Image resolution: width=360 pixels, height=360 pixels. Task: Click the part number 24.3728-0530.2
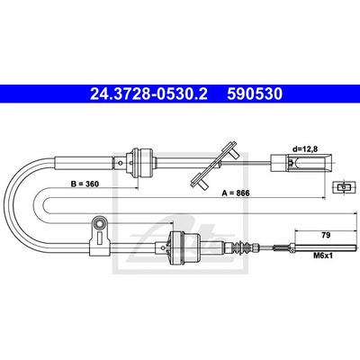click(148, 94)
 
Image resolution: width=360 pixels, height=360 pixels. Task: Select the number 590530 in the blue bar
click(255, 94)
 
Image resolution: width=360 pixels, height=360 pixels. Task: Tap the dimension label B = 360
click(85, 184)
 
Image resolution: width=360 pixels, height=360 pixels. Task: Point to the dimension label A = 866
click(236, 193)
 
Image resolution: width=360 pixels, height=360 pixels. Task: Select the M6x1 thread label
click(323, 256)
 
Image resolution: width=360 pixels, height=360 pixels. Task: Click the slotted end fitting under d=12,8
click(301, 163)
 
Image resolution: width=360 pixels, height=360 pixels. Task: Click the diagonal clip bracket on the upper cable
click(214, 166)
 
